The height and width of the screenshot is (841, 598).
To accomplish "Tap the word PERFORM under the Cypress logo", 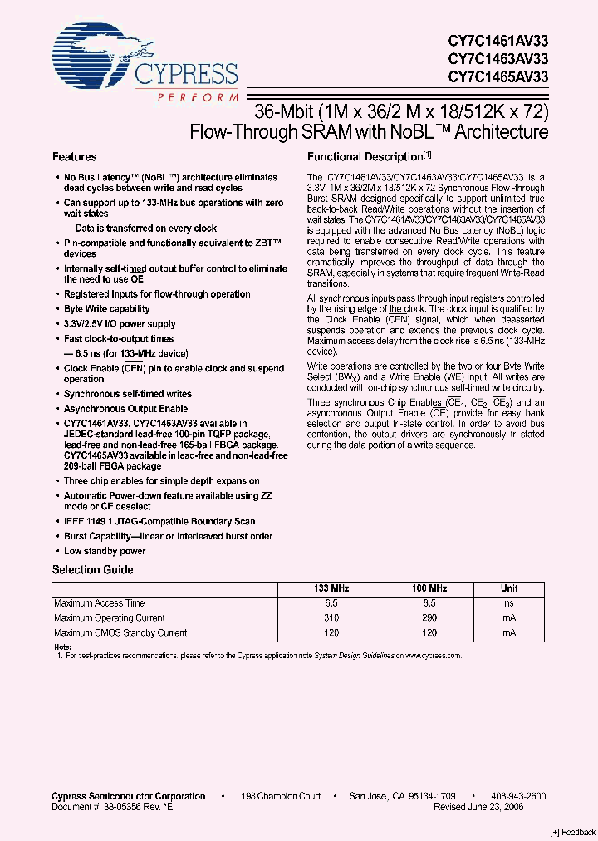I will [197, 97].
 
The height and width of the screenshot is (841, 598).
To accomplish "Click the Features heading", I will [75, 156].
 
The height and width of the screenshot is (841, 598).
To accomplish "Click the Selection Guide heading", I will [92, 570].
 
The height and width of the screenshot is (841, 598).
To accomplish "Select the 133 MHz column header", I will [333, 588].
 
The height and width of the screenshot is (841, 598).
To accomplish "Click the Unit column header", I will [508, 588].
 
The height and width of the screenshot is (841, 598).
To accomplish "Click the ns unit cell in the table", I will [508, 603].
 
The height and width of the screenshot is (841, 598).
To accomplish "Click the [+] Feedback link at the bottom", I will [572, 832].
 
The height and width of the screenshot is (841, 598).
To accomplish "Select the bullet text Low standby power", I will [105, 551].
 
